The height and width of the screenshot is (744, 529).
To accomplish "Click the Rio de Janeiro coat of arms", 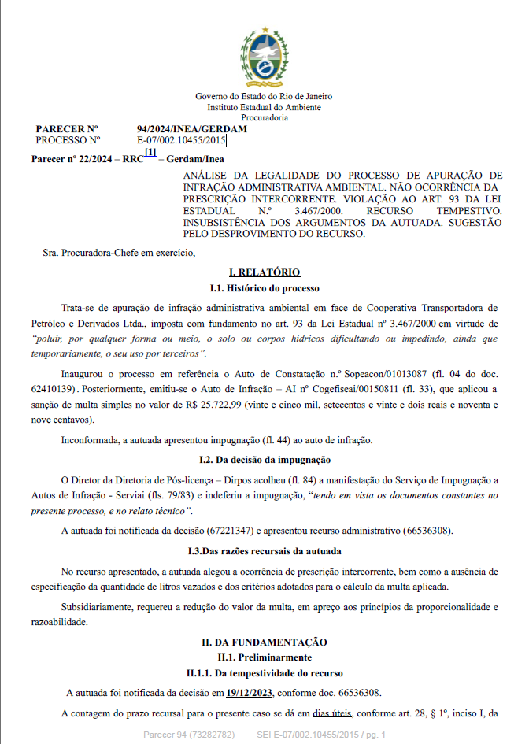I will coord(264,57).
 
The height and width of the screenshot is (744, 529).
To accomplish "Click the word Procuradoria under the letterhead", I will coord(264,117).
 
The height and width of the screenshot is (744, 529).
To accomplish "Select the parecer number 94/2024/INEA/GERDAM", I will coord(192,129).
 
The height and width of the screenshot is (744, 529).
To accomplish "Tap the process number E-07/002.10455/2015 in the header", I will coord(181,140).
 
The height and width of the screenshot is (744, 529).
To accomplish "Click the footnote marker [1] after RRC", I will coord(150,153).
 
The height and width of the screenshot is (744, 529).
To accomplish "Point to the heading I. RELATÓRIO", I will coord(264,272).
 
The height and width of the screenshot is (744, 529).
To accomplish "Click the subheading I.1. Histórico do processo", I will coord(264,288).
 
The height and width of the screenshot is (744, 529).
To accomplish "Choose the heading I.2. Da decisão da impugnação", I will coord(264,459).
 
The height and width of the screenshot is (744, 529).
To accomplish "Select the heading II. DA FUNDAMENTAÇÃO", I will coord(264,642).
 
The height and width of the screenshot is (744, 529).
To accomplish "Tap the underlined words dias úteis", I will coord(331,714).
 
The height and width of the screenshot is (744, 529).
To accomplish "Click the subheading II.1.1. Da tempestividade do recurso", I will coord(264,673).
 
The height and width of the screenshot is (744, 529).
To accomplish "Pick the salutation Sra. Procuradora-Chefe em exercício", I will coord(118,253).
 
